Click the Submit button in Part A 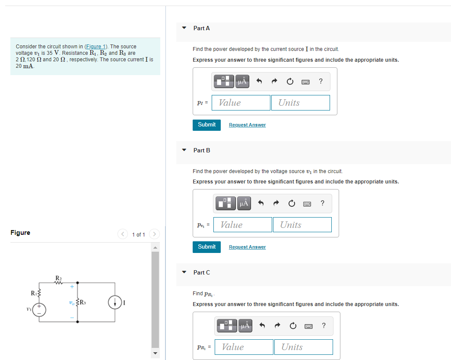pos(206,125)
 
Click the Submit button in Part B pos(206,247)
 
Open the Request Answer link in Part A pos(247,125)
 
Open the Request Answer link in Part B pos(247,247)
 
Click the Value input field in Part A pos(243,103)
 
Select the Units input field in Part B pos(302,225)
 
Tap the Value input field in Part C pos(246,347)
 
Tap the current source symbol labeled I pos(114,303)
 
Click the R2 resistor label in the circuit pos(58,277)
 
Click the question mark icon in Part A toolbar pos(321,81)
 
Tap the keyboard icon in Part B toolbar pos(308,203)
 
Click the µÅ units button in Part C pos(246,325)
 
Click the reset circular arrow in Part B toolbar pos(292,203)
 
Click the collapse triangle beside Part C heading pos(184,272)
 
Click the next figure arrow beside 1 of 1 pos(154,234)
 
